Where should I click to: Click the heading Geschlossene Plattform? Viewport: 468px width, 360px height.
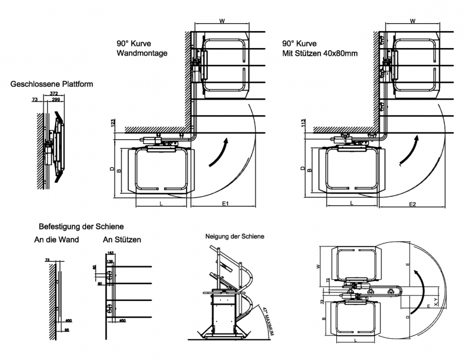(x=51, y=84)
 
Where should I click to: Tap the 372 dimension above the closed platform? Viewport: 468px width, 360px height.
(x=53, y=94)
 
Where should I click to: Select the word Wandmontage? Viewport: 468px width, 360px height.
(x=143, y=53)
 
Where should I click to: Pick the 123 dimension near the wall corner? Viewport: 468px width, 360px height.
(x=111, y=124)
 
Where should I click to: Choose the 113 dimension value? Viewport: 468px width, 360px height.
(x=303, y=124)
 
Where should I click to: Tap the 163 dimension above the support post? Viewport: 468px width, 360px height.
(x=111, y=253)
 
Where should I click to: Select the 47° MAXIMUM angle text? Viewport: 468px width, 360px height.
(x=270, y=321)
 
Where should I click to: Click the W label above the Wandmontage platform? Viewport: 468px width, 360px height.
(x=222, y=20)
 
